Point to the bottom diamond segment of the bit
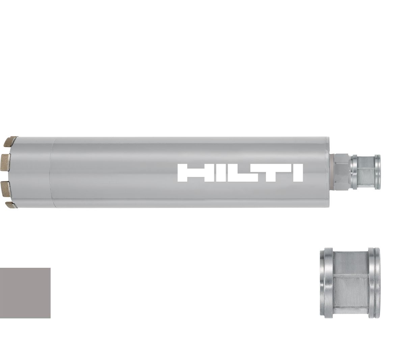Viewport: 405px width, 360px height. [x=11, y=205]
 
